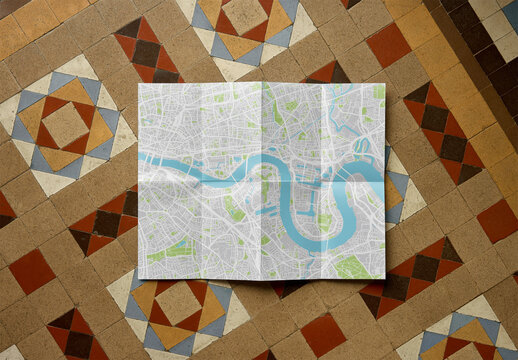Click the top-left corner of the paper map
click(139, 83)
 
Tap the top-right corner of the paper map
click(385, 84)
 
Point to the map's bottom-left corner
click(137, 279)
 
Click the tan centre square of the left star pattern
click(65, 124)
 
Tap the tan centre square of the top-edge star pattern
click(244, 14)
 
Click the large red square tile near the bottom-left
click(32, 271)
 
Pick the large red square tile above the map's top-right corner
click(388, 45)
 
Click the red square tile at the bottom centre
click(322, 335)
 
